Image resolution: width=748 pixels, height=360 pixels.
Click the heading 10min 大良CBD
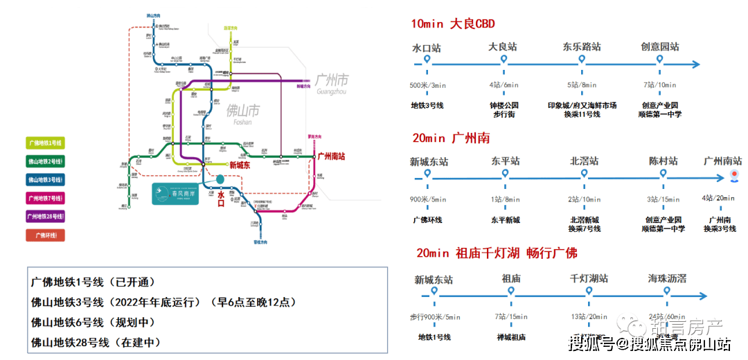pyautogui.click(x=453, y=24)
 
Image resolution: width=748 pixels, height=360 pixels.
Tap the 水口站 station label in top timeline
pyautogui.click(x=426, y=48)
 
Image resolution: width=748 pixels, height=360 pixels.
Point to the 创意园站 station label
pyautogui.click(x=659, y=47)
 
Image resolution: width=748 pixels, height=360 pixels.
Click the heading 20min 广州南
pyautogui.click(x=450, y=138)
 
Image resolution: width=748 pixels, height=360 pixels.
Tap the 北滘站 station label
pyautogui.click(x=584, y=161)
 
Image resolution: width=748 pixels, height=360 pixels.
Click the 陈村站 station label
pyautogui.click(x=664, y=161)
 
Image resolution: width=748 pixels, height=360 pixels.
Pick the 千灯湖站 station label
pyautogui.click(x=589, y=278)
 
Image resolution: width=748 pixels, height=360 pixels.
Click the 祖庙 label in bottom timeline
pyautogui.click(x=511, y=278)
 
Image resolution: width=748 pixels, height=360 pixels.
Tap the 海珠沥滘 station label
pyautogui.click(x=667, y=278)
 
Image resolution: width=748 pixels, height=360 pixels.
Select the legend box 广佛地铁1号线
pyautogui.click(x=45, y=143)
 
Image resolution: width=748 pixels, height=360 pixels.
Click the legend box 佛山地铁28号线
pyautogui.click(x=45, y=217)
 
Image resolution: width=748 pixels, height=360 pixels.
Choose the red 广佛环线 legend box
pyautogui.click(x=45, y=235)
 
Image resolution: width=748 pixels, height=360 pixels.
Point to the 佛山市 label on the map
pyautogui.click(x=242, y=111)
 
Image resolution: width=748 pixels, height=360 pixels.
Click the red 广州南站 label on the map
pyautogui.click(x=335, y=156)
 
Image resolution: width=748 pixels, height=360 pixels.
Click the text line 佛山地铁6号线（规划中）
pyautogui.click(x=93, y=322)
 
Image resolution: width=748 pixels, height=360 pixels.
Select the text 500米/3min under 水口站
pyautogui.click(x=427, y=85)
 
